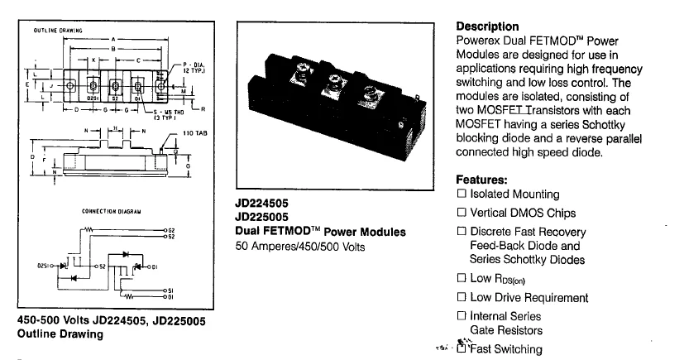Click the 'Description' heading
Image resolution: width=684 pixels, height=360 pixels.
tap(487, 26)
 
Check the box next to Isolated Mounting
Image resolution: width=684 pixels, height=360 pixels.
tap(462, 194)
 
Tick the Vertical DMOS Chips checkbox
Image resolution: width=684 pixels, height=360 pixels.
tap(462, 213)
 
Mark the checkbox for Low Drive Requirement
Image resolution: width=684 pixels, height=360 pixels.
tap(462, 298)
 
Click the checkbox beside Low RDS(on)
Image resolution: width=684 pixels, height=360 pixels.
tap(462, 278)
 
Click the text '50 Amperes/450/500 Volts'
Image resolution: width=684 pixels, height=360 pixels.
tap(299, 247)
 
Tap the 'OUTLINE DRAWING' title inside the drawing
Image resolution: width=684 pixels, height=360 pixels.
tap(57, 31)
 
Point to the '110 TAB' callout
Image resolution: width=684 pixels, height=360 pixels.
tap(194, 133)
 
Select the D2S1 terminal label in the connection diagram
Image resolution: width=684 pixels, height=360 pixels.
tap(43, 266)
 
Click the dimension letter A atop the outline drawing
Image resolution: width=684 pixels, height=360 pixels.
tap(114, 40)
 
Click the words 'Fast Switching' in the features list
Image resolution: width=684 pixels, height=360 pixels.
tap(506, 349)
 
